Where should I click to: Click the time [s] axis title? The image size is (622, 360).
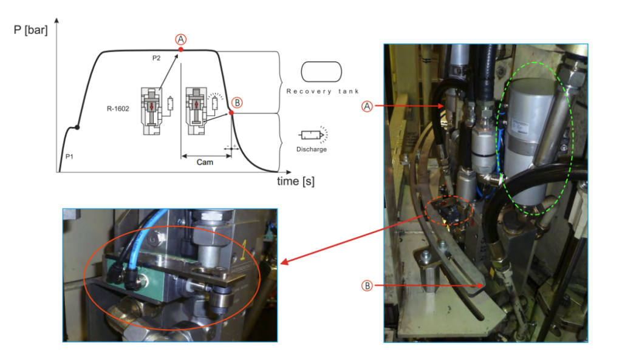tap(296, 181)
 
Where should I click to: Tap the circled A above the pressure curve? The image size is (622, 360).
tap(180, 39)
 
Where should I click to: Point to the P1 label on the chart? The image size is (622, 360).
tap(70, 157)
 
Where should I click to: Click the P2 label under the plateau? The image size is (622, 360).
tap(156, 58)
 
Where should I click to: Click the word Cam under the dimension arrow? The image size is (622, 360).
tap(205, 163)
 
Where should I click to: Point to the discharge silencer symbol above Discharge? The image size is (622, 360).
tap(313, 134)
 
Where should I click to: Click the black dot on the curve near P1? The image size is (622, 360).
tap(76, 127)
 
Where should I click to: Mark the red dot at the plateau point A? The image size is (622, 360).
tap(181, 49)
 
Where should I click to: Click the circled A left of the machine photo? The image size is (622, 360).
tap(367, 106)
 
